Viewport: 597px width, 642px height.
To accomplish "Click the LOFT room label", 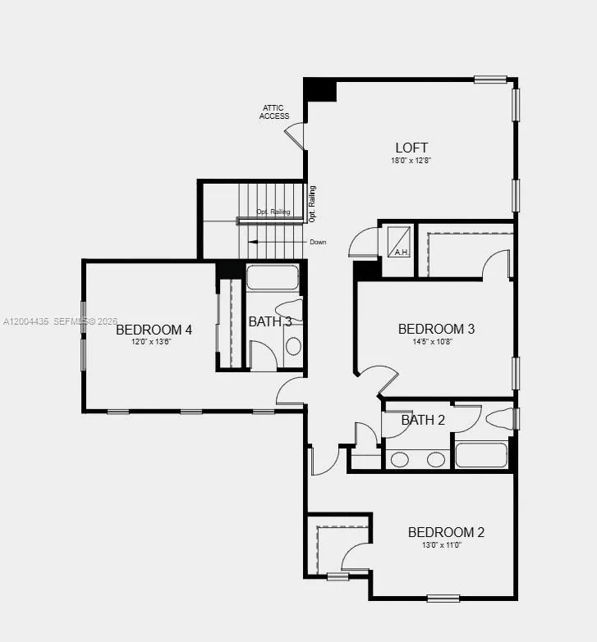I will pos(411,148).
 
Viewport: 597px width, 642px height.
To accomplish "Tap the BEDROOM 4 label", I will pos(154,330).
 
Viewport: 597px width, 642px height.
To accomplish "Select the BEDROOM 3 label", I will pos(436,329).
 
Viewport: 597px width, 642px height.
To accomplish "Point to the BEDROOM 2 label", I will pos(446,532).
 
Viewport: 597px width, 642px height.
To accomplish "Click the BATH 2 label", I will pos(423,421).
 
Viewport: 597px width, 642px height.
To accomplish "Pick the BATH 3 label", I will pos(270,321).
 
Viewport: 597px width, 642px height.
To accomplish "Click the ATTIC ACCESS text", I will pos(274,112).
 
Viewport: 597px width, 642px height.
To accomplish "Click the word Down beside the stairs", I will pos(318,242).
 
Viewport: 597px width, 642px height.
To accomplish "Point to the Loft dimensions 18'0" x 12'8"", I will pos(411,161).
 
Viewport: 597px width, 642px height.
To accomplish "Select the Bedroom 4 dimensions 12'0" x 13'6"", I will pos(154,342).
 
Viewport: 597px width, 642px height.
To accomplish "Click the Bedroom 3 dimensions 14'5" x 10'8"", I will pos(436,341).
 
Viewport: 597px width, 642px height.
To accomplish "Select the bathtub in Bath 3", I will pos(273,277).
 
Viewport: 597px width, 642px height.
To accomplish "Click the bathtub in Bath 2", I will pos(481,455).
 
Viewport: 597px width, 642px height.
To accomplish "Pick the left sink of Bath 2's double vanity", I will pos(400,459).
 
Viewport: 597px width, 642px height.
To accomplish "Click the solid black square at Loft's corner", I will pos(320,89).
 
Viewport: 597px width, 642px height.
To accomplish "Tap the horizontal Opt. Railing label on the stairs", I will pos(273,212).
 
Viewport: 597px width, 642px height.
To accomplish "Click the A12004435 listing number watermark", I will pos(25,321).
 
